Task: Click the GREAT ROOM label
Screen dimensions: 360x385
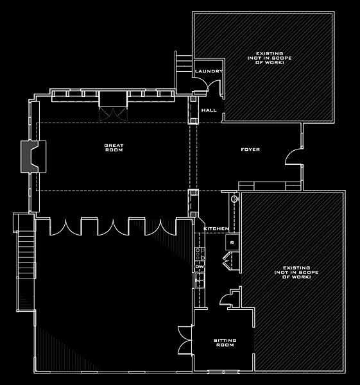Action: click(114, 148)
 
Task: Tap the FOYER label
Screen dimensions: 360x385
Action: click(250, 150)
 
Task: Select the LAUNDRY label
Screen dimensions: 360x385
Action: click(209, 71)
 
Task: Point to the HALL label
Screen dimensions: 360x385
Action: click(209, 110)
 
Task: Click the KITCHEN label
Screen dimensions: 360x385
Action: click(216, 228)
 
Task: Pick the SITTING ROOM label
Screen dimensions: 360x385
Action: click(225, 343)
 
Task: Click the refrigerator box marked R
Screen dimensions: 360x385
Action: click(232, 243)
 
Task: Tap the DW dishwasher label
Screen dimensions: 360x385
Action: click(200, 267)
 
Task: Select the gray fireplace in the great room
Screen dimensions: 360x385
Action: click(30, 157)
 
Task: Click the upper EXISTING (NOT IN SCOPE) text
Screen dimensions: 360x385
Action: click(270, 58)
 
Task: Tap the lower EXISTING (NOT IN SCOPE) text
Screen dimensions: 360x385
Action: click(296, 272)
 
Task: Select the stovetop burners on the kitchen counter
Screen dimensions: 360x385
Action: click(200, 254)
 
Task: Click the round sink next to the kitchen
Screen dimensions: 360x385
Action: click(234, 198)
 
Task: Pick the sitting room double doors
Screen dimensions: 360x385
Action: click(185, 340)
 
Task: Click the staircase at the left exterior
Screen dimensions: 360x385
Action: click(26, 262)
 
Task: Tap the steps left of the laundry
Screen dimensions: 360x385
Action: click(184, 64)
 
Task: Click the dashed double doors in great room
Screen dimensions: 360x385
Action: click(113, 114)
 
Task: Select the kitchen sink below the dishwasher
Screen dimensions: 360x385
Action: click(200, 280)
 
